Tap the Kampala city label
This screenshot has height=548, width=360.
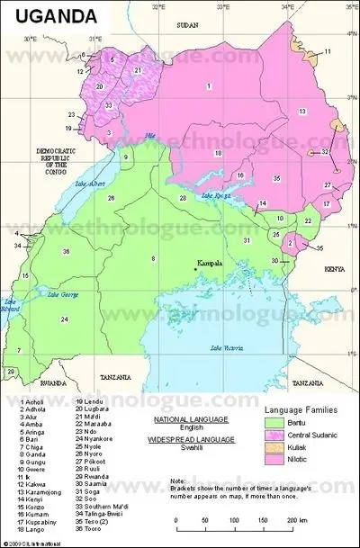[213, 263]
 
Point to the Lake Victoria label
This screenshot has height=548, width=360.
[226, 347]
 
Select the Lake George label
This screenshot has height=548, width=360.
[63, 294]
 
